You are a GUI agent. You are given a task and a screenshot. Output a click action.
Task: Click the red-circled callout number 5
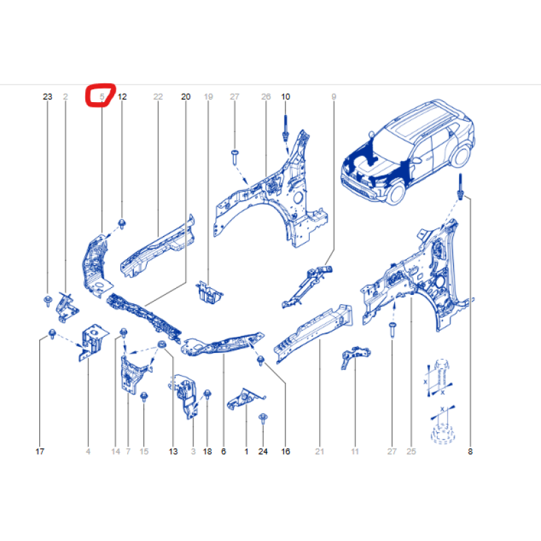102,97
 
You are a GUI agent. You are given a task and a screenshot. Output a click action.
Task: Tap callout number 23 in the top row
47,97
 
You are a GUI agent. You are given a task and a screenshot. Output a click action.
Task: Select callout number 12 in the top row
122,97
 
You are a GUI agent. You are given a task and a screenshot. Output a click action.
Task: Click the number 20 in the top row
185,97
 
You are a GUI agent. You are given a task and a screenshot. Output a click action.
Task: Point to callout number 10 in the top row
285,97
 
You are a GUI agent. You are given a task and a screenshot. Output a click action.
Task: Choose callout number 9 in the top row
333,97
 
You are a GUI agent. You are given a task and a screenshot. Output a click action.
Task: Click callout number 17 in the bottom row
40,451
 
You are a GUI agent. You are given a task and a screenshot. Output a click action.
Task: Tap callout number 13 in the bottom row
173,451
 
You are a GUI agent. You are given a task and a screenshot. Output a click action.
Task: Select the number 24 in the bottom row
263,451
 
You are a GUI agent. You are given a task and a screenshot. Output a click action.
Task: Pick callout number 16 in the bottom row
285,451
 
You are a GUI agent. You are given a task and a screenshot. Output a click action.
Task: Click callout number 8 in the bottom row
470,451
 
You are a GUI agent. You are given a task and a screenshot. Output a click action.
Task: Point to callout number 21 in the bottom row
319,451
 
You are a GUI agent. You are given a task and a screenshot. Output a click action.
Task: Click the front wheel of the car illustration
396,193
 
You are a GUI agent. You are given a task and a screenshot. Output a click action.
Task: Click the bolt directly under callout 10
285,128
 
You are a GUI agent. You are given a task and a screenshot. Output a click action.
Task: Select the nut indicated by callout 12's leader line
122,224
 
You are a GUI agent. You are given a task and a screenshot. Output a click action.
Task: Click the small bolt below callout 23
48,301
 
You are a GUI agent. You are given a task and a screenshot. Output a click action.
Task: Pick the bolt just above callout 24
263,419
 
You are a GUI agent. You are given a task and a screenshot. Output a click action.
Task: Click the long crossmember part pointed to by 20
144,318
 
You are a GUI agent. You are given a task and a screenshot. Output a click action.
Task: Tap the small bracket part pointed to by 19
209,293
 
